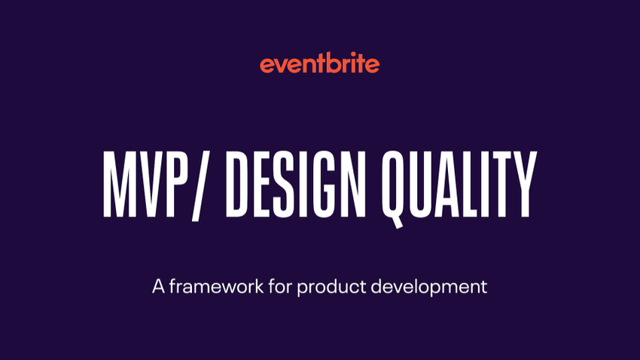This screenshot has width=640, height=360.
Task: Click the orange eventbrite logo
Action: click(x=320, y=65)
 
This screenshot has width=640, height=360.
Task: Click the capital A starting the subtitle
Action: click(x=158, y=287)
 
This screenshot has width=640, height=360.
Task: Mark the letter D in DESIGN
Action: click(x=239, y=183)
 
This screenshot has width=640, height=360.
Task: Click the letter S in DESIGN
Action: click(x=282, y=183)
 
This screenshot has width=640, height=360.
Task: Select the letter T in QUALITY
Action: click(x=501, y=183)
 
